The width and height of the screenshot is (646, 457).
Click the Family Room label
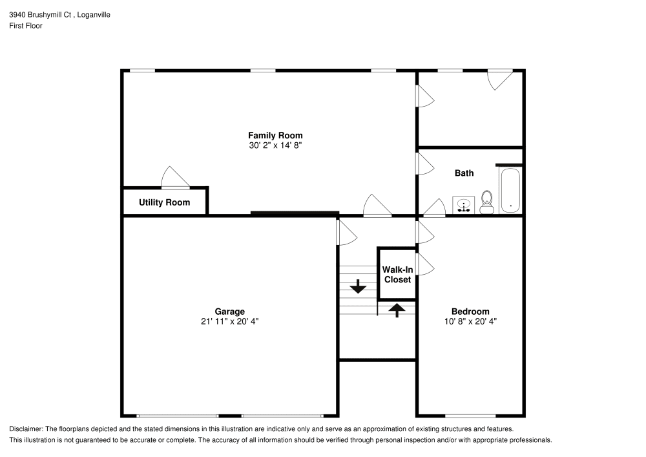[x=275, y=135]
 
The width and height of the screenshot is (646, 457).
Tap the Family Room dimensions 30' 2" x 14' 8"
[x=275, y=145]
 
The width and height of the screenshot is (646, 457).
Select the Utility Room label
[x=164, y=202]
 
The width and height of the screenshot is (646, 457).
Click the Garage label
[x=229, y=311]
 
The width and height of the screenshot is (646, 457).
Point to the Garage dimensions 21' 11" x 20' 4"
[x=229, y=321]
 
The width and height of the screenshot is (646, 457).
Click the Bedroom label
[x=470, y=311]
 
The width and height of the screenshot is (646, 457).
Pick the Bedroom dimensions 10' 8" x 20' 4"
[x=470, y=321]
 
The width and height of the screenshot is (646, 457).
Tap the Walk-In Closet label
[x=397, y=274]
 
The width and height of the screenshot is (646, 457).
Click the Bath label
[x=464, y=173]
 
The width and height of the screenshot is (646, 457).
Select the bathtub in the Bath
[x=510, y=190]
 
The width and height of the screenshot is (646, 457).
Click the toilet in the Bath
[x=487, y=202]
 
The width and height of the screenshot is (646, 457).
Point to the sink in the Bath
[x=463, y=206]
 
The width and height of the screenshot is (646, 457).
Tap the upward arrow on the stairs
[x=397, y=309]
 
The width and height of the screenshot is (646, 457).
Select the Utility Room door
[x=174, y=178]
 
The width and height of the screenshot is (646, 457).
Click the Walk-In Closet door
[x=424, y=264]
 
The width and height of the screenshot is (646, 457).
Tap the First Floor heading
[x=25, y=26]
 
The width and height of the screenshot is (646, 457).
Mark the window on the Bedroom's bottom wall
[x=470, y=416]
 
